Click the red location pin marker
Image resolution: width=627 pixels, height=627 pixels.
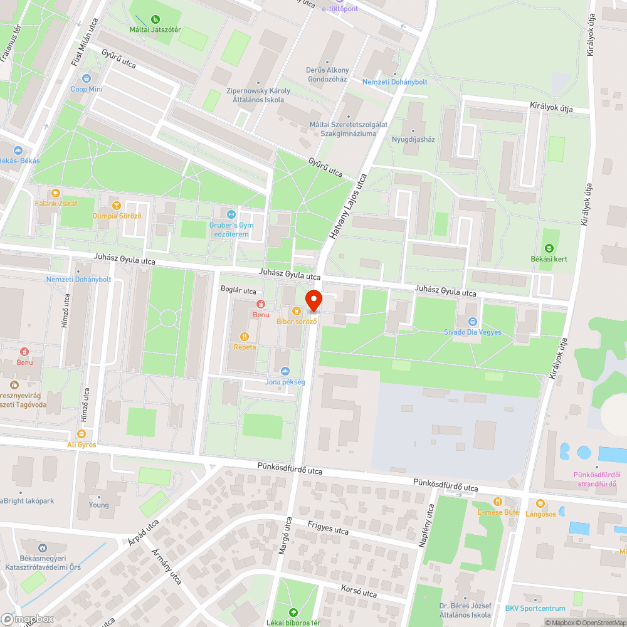point(313,300)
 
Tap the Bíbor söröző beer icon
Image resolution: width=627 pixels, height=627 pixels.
point(297,311)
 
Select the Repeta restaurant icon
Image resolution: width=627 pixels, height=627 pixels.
point(244,336)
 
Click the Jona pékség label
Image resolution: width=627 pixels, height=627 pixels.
point(285,382)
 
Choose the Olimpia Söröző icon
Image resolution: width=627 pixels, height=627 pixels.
point(116,205)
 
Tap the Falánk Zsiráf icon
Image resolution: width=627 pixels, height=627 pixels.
point(56,193)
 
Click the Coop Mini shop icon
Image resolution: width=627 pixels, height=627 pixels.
point(86,78)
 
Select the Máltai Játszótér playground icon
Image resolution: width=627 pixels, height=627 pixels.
point(155,19)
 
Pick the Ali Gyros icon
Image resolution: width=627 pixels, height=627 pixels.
point(82,434)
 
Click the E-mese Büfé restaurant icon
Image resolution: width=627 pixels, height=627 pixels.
point(498,502)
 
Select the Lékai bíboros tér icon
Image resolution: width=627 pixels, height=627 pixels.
point(292,613)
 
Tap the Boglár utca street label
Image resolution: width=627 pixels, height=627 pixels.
point(238,290)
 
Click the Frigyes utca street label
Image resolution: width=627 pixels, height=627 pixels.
point(329,527)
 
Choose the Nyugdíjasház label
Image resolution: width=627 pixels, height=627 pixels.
point(413,139)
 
